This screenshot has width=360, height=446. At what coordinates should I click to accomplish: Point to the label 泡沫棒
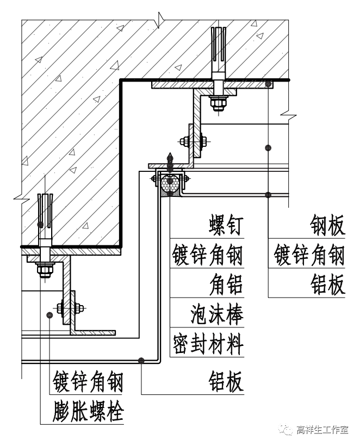(x=216, y=314)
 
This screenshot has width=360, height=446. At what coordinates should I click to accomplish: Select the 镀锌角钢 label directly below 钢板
(x=309, y=255)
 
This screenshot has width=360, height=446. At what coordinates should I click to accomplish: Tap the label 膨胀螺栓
(x=89, y=412)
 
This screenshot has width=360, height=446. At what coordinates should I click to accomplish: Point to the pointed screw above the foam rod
(x=171, y=159)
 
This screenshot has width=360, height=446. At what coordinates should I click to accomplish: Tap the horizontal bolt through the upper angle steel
(x=194, y=142)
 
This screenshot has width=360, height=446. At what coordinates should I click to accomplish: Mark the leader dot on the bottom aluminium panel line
(x=141, y=360)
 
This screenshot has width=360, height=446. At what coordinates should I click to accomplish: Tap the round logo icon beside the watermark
(x=285, y=430)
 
